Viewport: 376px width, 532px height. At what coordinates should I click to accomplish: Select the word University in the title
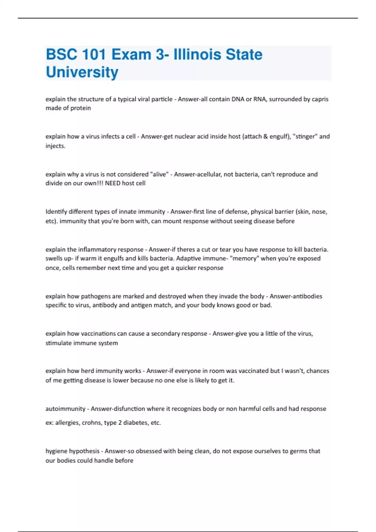click(x=82, y=72)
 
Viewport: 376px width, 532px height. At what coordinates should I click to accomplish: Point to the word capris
click(x=320, y=99)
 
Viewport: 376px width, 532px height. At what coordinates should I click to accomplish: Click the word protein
click(x=81, y=108)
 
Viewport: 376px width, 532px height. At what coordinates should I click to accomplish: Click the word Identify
click(x=56, y=212)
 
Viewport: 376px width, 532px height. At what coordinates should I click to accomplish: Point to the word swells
click(x=54, y=258)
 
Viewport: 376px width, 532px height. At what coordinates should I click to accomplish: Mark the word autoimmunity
click(x=65, y=409)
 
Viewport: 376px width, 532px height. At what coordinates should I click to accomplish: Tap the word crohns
click(x=91, y=423)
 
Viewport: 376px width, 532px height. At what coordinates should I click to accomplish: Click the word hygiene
click(x=56, y=451)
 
